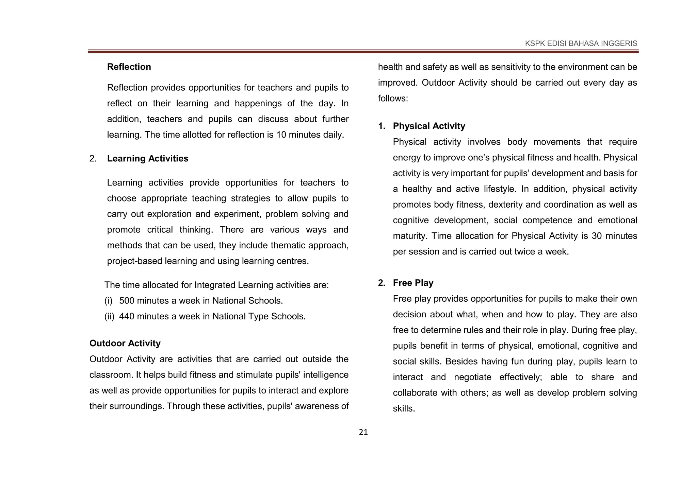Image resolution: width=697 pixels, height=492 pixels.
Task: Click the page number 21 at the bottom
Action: (x=363, y=432)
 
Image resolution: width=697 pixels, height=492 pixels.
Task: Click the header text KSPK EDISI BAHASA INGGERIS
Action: (x=581, y=43)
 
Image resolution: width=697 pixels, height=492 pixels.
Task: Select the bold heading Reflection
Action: (x=129, y=67)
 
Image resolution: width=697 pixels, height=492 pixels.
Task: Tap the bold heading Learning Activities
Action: (x=147, y=159)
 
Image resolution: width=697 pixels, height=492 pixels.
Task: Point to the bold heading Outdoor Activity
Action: (x=125, y=344)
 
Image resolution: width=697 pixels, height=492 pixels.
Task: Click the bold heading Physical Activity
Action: (x=429, y=126)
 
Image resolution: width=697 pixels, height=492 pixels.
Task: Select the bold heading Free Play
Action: (x=413, y=283)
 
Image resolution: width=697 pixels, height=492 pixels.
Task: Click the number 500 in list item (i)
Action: (x=127, y=301)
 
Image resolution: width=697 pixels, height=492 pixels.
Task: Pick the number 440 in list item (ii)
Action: (x=127, y=316)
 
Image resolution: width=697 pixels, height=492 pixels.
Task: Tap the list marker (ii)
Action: (x=109, y=316)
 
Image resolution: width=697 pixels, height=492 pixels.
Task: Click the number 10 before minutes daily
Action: (x=281, y=135)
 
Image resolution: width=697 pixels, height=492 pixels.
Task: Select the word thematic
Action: (x=288, y=245)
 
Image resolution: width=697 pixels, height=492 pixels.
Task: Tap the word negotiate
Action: (x=472, y=377)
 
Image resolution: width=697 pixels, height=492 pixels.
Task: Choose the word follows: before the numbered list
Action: (x=393, y=99)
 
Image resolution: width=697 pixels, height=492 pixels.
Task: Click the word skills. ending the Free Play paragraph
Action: (x=404, y=408)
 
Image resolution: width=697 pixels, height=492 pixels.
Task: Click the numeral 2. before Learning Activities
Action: (x=93, y=159)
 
